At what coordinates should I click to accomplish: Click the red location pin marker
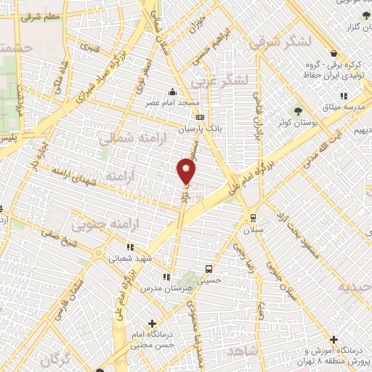click(x=186, y=171)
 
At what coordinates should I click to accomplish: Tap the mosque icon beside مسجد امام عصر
click(x=172, y=92)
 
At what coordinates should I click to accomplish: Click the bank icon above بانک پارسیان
click(x=201, y=118)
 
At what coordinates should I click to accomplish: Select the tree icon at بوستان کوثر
click(x=299, y=112)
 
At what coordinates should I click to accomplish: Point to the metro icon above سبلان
click(x=252, y=217)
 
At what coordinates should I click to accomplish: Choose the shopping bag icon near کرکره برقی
click(x=333, y=53)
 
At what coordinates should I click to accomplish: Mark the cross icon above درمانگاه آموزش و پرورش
click(x=333, y=339)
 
